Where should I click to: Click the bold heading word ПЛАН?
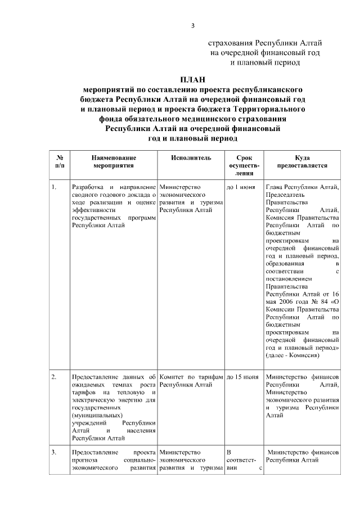pyautogui.click(x=193, y=79)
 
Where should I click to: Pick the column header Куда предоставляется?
pyautogui.click(x=302, y=163)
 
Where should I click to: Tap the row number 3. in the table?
pyautogui.click(x=54, y=452)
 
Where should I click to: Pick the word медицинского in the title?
pyautogui.click(x=218, y=119)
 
